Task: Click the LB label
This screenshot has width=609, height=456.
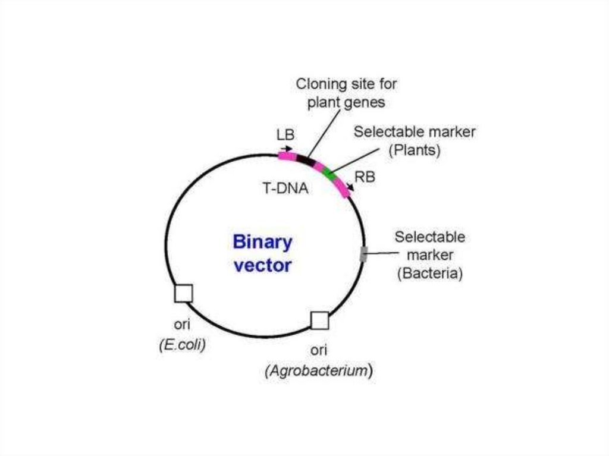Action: [x=285, y=136]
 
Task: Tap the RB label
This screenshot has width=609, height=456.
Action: [x=365, y=177]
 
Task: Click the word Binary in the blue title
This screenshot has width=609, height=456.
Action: [x=262, y=243]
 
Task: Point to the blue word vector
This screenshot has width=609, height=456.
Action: [x=262, y=265]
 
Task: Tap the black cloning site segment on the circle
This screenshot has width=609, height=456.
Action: [x=305, y=159]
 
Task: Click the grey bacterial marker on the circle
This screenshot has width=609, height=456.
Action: [x=363, y=254]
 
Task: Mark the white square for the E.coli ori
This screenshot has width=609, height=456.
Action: [x=183, y=293]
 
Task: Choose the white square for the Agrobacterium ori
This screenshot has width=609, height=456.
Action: [x=319, y=320]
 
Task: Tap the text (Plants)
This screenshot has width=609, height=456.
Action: [x=415, y=150]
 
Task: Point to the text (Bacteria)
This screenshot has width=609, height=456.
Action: [x=430, y=274]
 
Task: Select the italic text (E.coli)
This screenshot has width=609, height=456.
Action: [x=183, y=345]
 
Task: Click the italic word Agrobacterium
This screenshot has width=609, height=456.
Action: [x=316, y=372]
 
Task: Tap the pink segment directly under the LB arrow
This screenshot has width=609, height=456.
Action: [x=287, y=156]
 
